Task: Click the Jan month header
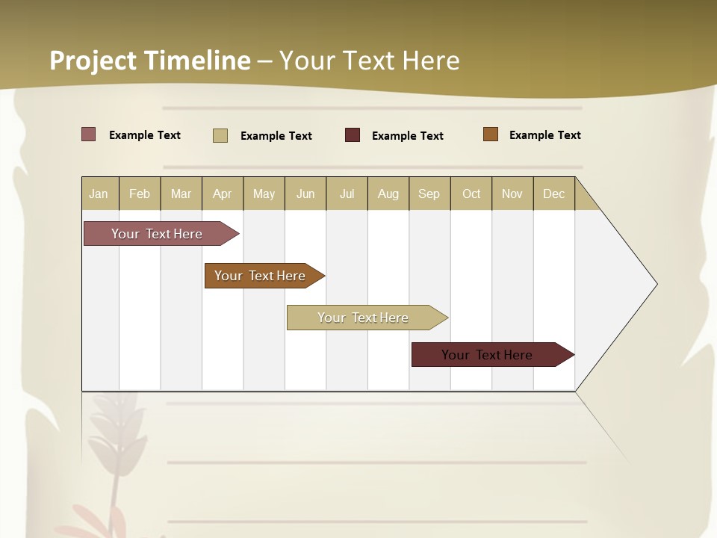point(99,194)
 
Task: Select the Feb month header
point(140,194)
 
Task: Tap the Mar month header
point(181,194)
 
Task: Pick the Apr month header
point(223,194)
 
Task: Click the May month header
point(264,194)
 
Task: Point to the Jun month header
point(305,194)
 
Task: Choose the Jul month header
point(347,194)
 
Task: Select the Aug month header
point(388,194)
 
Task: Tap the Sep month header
point(429,194)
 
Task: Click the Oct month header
point(471,194)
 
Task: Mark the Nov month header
point(512,194)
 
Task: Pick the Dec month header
point(554,194)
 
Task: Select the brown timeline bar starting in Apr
point(261,276)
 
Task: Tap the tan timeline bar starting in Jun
point(364,318)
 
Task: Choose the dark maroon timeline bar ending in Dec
point(489,355)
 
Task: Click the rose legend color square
point(89,134)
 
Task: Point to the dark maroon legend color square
point(353,135)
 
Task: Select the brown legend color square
point(491,134)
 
